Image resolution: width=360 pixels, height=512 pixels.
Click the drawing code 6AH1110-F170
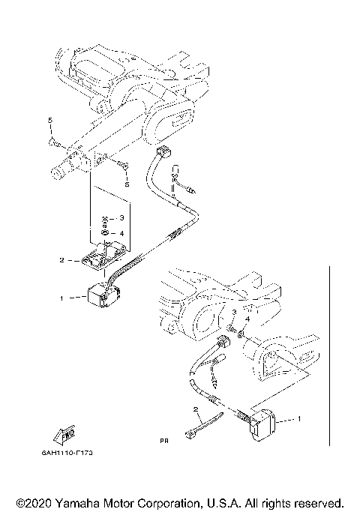point(73,454)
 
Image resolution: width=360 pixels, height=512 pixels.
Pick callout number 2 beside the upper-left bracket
point(62,260)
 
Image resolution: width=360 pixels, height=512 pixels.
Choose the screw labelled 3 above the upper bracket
point(106,220)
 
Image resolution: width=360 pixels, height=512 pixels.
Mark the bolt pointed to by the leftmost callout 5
point(54,139)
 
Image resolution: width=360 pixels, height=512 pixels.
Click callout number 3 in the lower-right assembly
point(233,312)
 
